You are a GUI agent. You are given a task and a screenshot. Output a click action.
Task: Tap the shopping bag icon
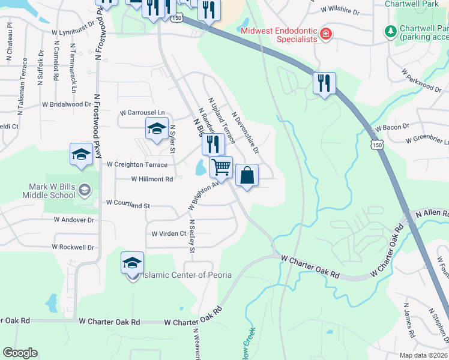pos(247,175)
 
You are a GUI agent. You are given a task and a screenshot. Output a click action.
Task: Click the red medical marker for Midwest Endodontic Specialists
pos(325,34)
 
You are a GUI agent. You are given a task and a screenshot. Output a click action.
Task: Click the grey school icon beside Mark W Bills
pos(85,190)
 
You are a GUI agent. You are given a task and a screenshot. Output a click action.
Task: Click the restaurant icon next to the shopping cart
pos(212,144)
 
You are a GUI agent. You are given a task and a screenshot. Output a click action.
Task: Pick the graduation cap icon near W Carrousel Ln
pos(157,128)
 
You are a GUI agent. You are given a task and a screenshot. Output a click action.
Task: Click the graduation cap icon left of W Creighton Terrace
pos(82,154)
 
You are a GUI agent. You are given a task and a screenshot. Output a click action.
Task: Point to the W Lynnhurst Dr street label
pos(76,31)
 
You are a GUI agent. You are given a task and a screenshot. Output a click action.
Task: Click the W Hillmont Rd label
pos(152,179)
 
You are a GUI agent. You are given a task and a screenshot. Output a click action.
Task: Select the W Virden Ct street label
pos(169,233)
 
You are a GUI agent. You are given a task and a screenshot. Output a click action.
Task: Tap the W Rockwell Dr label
pos(73,247)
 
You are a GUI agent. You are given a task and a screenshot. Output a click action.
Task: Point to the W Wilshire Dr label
pos(340,10)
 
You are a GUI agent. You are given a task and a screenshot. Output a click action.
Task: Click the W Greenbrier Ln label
pos(427,140)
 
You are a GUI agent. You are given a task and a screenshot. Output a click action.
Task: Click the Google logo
pos(20,353)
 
